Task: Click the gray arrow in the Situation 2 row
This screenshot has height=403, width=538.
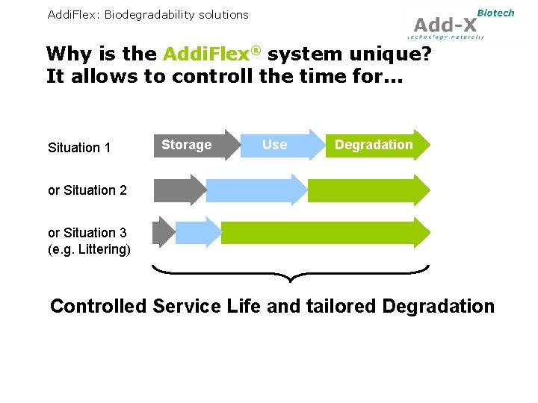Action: pos(178,190)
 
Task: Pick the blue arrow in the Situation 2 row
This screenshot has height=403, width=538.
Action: pos(254,190)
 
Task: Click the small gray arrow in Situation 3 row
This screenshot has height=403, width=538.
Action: pos(162,232)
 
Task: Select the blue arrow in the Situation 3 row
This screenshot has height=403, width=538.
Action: pos(197,232)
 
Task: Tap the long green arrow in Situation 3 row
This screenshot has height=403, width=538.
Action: pos(324,232)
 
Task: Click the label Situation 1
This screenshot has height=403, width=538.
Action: pos(79,148)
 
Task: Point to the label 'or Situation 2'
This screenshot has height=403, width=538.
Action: pos(87,190)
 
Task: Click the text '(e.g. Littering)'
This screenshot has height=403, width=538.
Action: pos(89,249)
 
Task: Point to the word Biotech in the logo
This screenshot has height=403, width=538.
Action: pos(495,12)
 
